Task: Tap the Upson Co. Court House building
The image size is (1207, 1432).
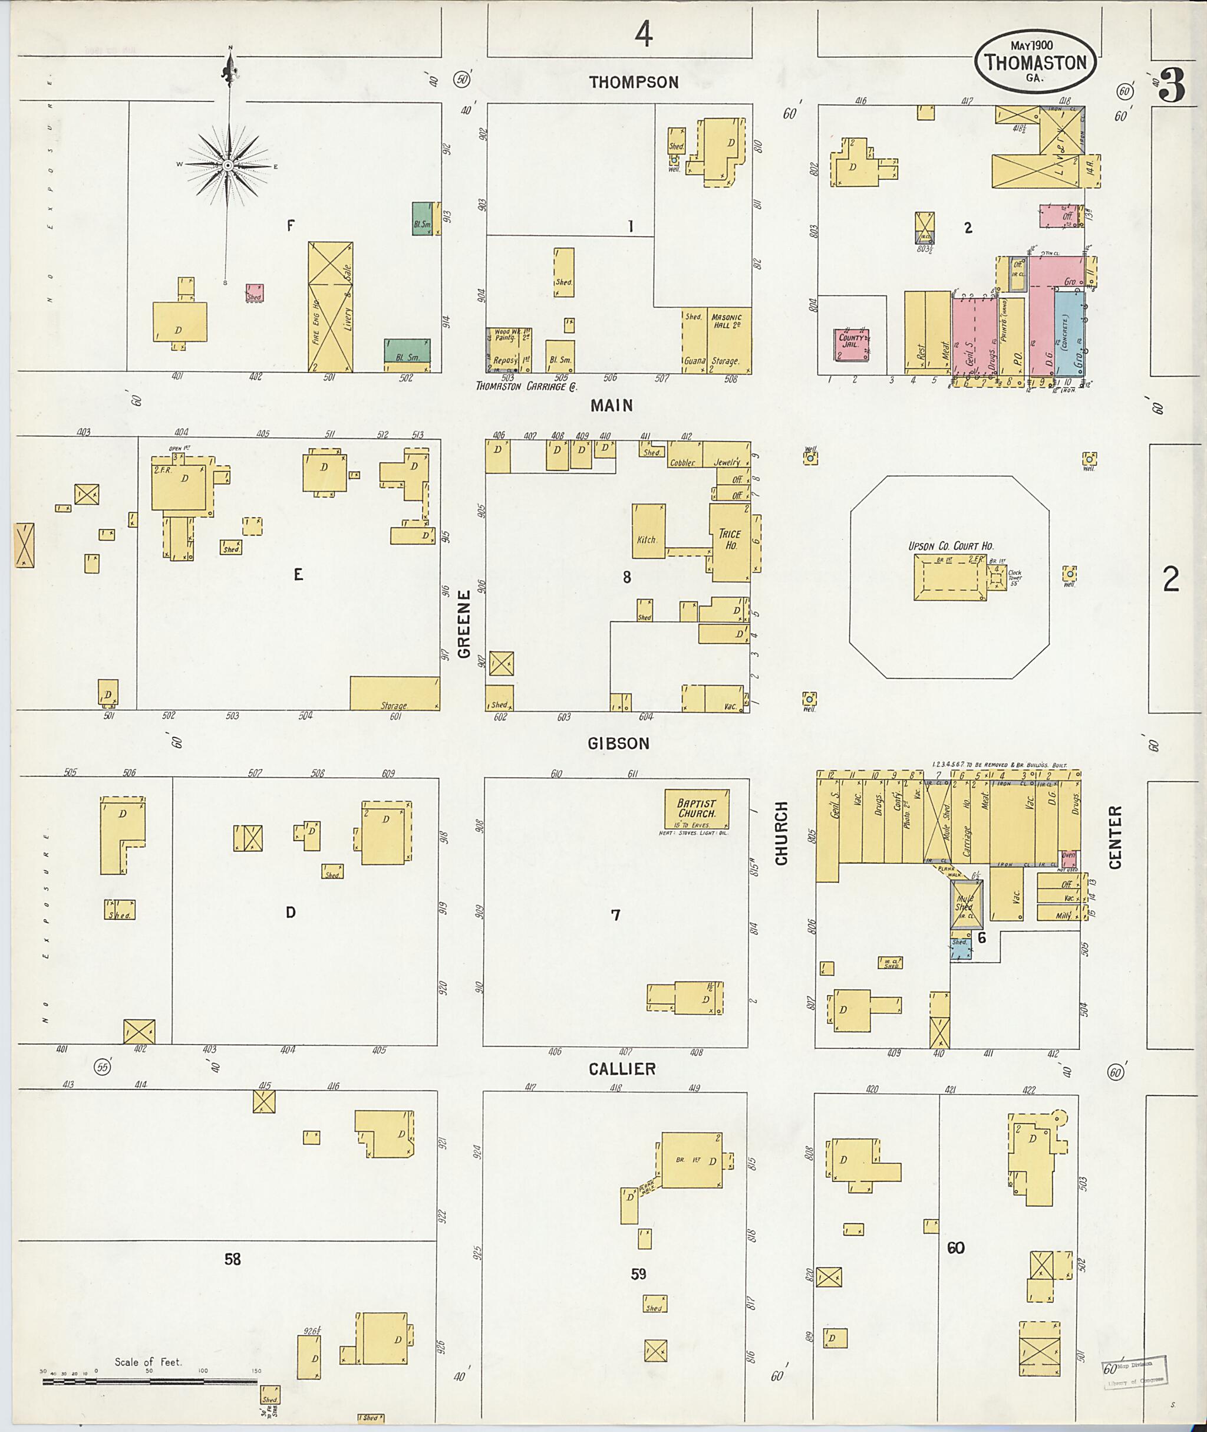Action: coord(951,578)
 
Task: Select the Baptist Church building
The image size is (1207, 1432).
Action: coord(697,809)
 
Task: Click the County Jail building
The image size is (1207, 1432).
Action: coord(853,344)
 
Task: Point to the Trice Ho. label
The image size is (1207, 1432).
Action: coord(730,539)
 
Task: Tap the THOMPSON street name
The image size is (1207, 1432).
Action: coord(634,83)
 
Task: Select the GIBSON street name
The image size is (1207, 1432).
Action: coord(619,743)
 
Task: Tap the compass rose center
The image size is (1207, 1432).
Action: coord(228,166)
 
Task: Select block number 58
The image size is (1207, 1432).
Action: coord(233,1259)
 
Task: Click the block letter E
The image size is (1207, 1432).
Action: coord(298,575)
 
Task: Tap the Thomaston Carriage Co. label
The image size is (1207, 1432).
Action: coord(526,387)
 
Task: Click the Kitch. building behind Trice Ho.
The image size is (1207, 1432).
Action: coord(648,531)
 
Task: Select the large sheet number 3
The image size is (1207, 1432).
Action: coord(1173,88)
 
